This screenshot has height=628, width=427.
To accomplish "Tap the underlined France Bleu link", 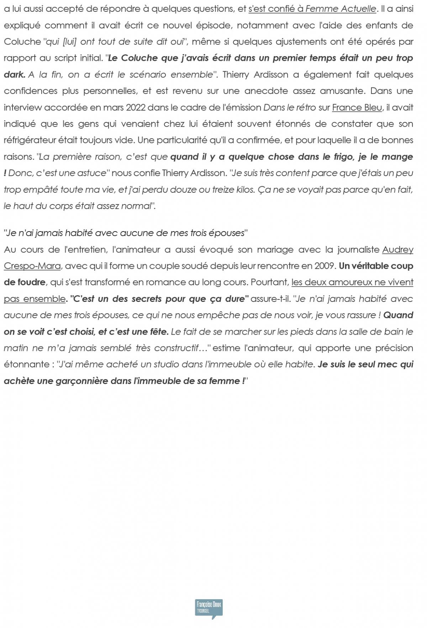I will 357,107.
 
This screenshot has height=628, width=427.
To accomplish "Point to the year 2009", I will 326,266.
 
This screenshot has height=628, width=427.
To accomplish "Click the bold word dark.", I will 14,75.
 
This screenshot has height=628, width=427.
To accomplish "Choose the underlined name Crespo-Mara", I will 32,266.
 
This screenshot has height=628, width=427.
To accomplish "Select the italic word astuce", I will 91,173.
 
